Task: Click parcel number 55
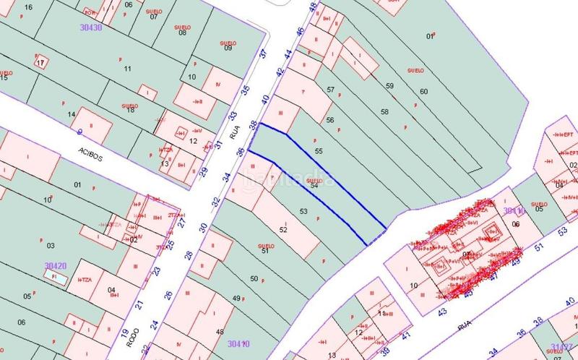coord(319,150)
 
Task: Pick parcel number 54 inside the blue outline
coord(314,186)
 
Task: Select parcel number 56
coord(329,119)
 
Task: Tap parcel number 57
coord(331,90)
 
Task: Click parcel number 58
coord(384,112)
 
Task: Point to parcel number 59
coord(390,86)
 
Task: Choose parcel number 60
coord(423,91)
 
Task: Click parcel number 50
coord(254,278)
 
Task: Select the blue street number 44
coord(288,54)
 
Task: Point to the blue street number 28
coord(189,254)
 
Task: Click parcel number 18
coord(131,109)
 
